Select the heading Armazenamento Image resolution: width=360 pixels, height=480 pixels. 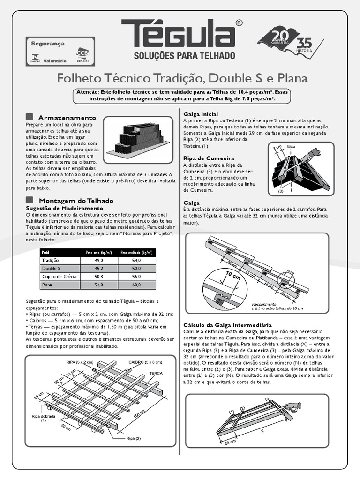pyautogui.click(x=67, y=117)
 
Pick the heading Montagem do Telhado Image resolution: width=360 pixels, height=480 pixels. pyautogui.click(x=74, y=200)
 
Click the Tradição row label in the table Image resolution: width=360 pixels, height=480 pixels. pyautogui.click(x=50, y=260)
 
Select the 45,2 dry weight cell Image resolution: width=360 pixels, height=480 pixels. pyautogui.click(x=98, y=269)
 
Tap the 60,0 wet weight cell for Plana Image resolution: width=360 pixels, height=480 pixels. pyautogui.click(x=136, y=285)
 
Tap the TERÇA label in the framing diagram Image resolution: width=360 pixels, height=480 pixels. pyautogui.click(x=156, y=374)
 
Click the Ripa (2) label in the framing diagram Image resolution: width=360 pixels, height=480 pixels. pyautogui.click(x=133, y=439)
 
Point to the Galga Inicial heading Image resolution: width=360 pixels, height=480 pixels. pyautogui.click(x=201, y=114)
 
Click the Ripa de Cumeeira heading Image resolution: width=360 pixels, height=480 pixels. pyautogui.click(x=209, y=158)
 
